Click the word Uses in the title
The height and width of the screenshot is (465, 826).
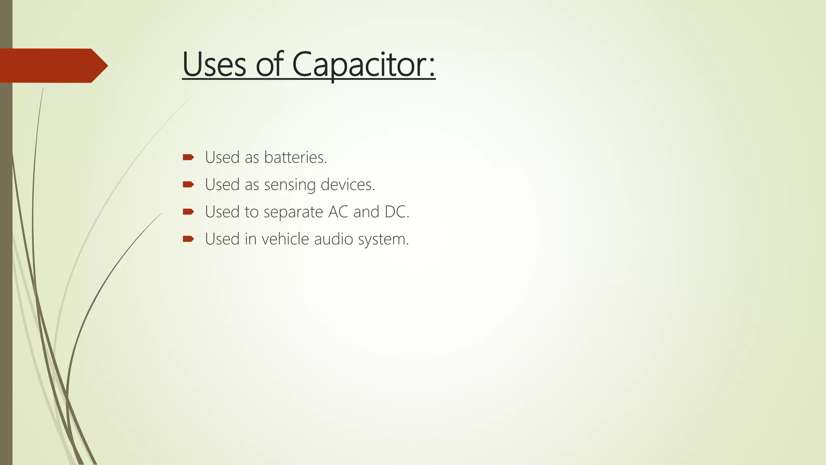click(214, 65)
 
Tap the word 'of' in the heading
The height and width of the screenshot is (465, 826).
click(270, 65)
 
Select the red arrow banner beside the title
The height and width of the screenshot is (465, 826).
click(52, 65)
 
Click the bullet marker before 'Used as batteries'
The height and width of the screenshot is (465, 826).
click(188, 157)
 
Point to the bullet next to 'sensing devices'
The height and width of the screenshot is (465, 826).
click(188, 184)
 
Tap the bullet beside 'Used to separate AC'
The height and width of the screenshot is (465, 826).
click(188, 212)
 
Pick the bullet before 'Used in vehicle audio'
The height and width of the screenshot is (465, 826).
click(188, 239)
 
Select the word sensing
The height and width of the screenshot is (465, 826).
click(290, 185)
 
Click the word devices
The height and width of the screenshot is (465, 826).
click(347, 184)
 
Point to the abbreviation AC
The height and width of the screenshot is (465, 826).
click(338, 212)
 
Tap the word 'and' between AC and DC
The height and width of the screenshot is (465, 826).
click(366, 212)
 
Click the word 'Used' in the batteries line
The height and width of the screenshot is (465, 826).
click(222, 157)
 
